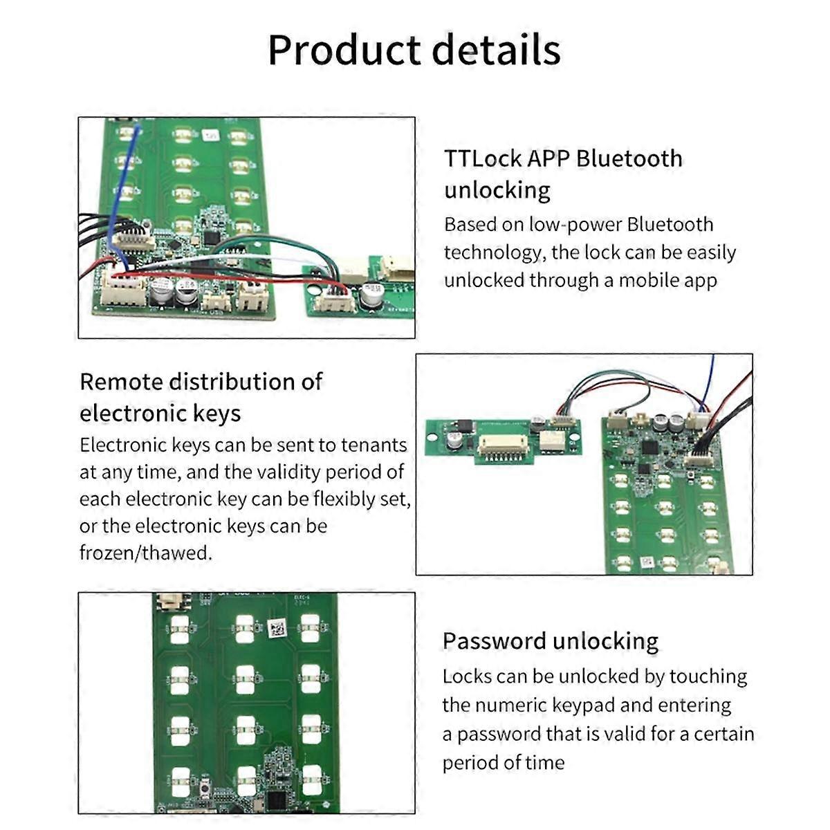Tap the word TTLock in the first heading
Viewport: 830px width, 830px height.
[482, 158]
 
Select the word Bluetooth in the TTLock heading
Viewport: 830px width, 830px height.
[629, 158]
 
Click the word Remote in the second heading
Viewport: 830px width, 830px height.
[122, 382]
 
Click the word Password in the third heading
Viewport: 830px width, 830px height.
[494, 640]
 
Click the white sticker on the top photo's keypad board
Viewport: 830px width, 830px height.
[210, 136]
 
